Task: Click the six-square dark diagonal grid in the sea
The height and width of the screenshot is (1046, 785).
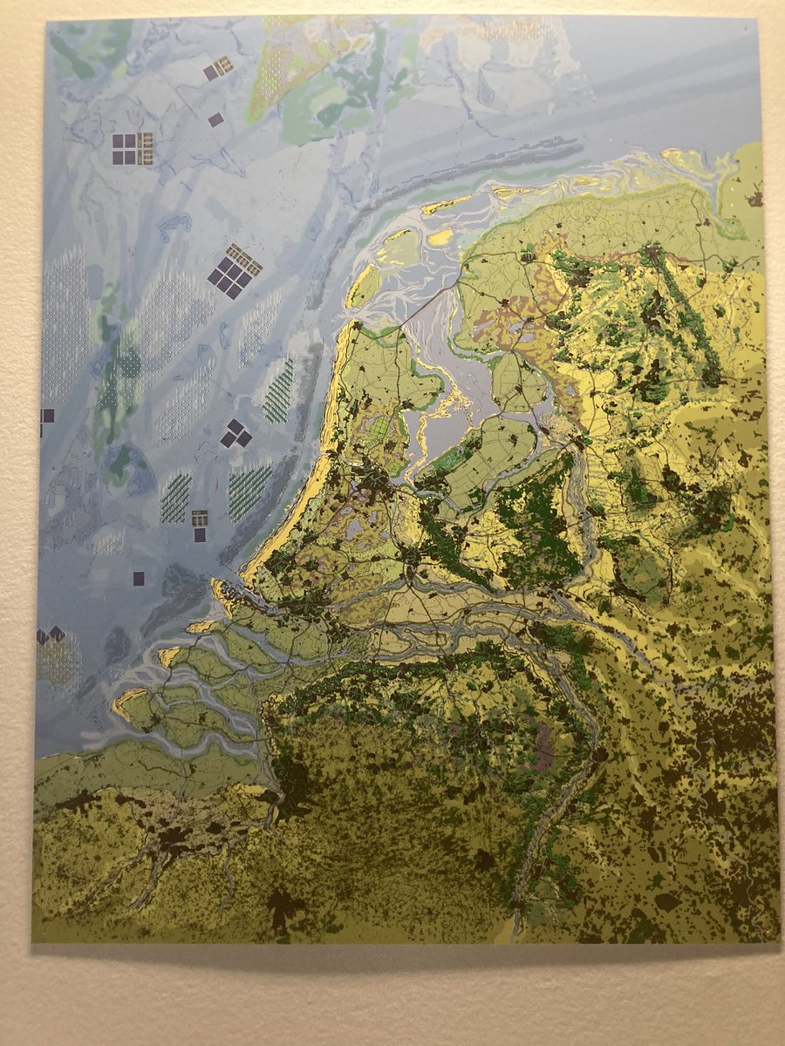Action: (234, 272)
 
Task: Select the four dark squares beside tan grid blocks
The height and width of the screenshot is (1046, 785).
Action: (132, 149)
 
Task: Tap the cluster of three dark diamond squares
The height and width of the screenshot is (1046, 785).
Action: (235, 433)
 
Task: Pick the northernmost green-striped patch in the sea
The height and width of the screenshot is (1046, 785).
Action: (279, 391)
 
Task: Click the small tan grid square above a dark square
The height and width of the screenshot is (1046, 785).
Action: (200, 517)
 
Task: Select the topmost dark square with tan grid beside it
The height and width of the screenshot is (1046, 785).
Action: (218, 68)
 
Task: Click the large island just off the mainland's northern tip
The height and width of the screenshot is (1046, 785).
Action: (363, 286)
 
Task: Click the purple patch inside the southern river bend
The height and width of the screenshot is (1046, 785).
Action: (545, 750)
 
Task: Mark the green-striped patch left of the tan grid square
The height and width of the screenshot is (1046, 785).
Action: (175, 498)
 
